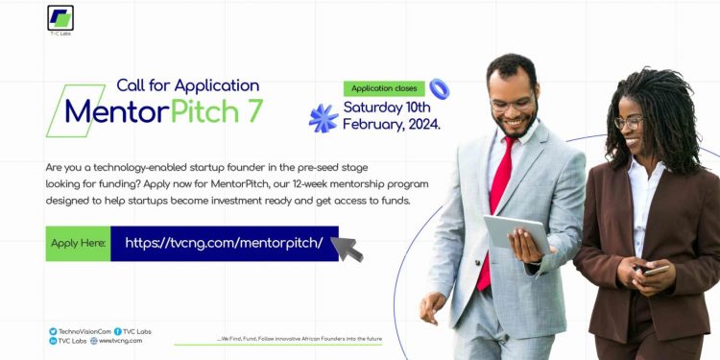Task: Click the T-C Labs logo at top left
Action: click(x=60, y=18)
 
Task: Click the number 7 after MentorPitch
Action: click(x=253, y=111)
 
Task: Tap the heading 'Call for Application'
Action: click(x=187, y=85)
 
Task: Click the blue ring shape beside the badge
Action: click(x=439, y=89)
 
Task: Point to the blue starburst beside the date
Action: click(x=324, y=118)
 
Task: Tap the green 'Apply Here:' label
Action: click(x=77, y=244)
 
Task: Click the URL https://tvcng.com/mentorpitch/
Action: click(x=224, y=244)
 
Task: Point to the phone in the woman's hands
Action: click(x=656, y=271)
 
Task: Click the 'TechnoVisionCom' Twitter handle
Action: click(x=84, y=331)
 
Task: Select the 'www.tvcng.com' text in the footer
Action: click(x=120, y=341)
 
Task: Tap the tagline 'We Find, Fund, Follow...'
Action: click(x=300, y=340)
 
